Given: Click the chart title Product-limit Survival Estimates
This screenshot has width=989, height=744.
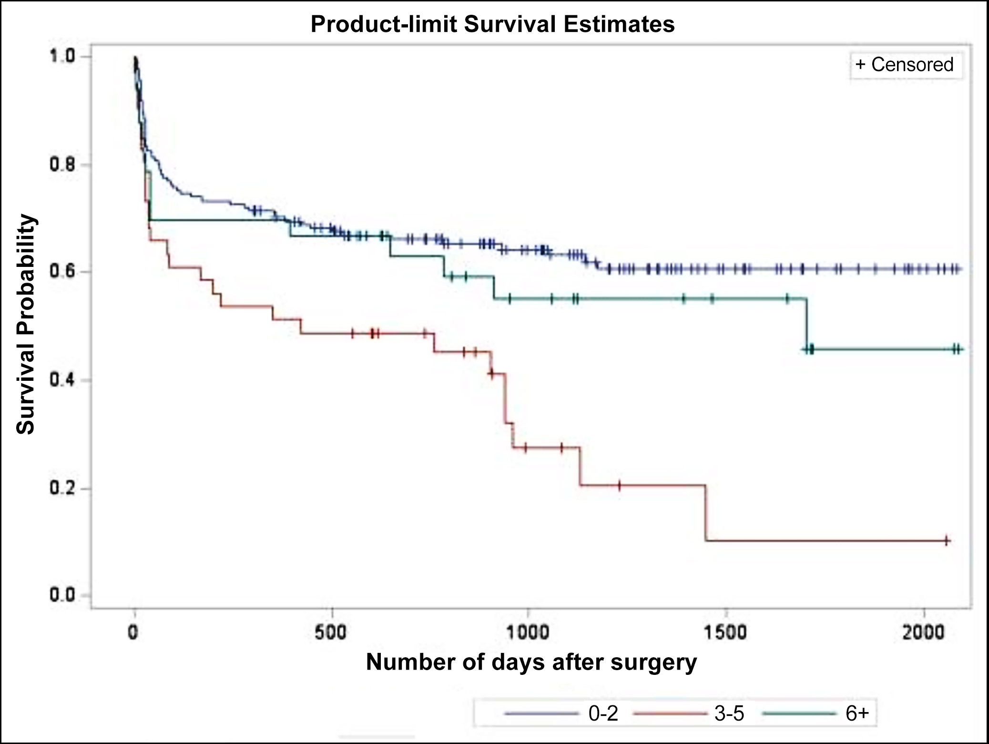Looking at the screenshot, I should click(x=492, y=24).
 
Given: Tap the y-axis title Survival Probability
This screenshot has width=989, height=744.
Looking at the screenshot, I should click(x=26, y=324).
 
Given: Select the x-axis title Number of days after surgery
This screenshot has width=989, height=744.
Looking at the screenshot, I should click(x=531, y=662).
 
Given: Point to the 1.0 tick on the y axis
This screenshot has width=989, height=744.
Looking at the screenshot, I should click(x=62, y=57).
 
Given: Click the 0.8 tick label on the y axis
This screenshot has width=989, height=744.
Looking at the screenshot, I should click(x=62, y=165).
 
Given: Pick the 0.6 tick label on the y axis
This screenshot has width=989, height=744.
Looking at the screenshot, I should click(x=62, y=272).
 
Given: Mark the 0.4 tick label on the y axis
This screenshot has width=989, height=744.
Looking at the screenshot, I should click(x=62, y=380).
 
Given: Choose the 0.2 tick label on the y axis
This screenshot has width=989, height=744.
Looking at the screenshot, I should click(x=62, y=489).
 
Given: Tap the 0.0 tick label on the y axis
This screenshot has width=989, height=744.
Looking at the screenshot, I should click(x=62, y=596).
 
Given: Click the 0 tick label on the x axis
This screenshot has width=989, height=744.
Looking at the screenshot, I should click(x=133, y=632).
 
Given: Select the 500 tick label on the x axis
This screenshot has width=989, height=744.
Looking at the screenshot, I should click(x=331, y=632).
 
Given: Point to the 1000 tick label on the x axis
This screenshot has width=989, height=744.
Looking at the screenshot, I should click(x=528, y=632).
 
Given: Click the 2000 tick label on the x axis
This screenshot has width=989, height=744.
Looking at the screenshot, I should click(x=924, y=632).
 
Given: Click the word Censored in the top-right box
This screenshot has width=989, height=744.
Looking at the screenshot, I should click(x=912, y=65).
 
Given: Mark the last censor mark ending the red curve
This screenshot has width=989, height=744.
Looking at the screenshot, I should click(x=947, y=540).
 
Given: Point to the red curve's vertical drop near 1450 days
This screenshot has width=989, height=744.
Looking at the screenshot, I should click(x=706, y=513).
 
